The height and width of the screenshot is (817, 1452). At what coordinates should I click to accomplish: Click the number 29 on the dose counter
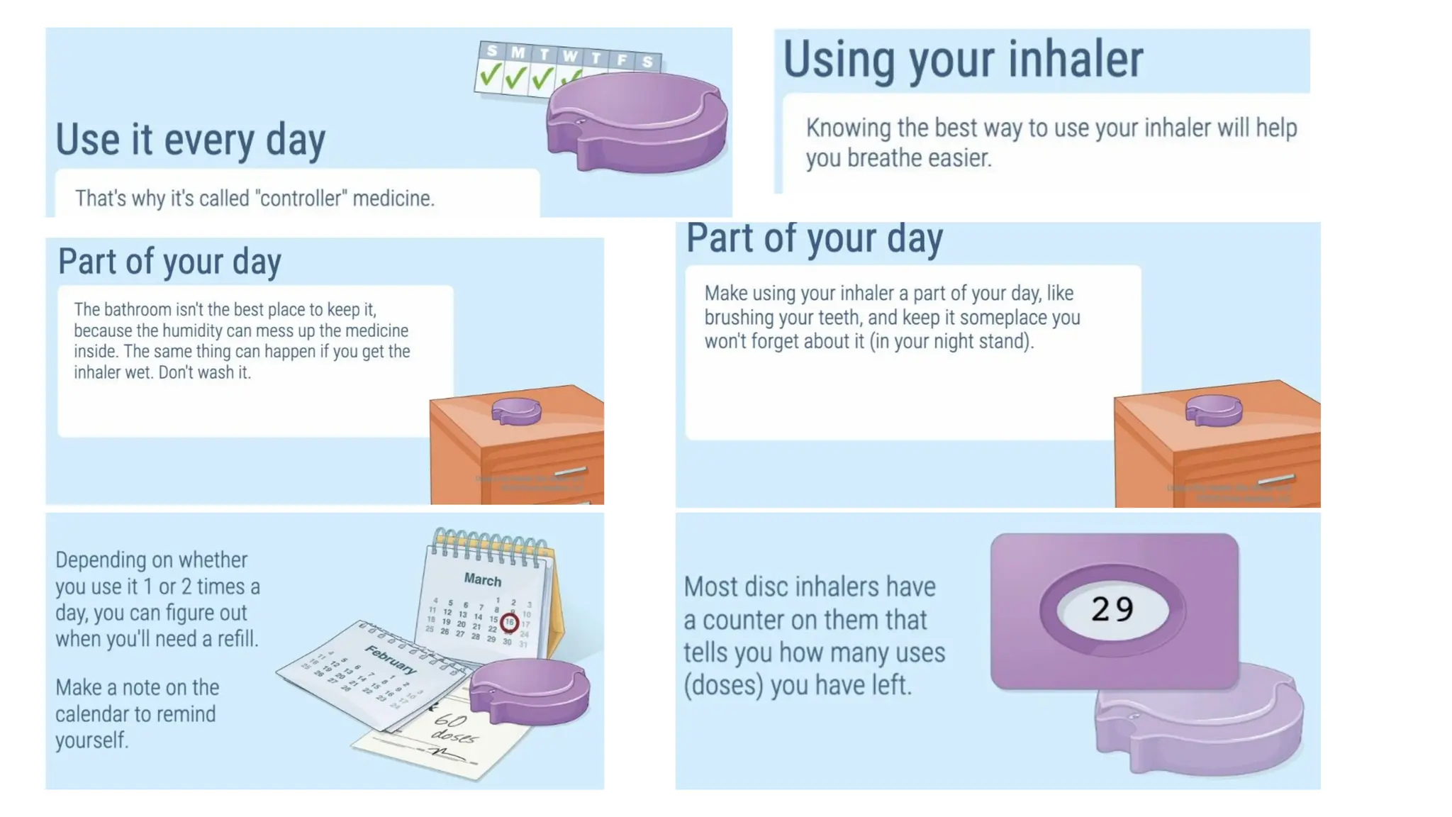pyautogui.click(x=1112, y=609)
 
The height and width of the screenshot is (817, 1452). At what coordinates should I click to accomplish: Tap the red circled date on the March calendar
pyautogui.click(x=509, y=623)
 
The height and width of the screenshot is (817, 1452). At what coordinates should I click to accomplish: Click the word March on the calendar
pyautogui.click(x=482, y=579)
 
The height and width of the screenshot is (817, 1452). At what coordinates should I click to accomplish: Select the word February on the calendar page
pyautogui.click(x=391, y=660)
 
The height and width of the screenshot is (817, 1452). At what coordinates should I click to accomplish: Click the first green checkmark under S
pyautogui.click(x=490, y=75)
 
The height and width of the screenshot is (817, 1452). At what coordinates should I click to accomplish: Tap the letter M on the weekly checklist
pyautogui.click(x=518, y=52)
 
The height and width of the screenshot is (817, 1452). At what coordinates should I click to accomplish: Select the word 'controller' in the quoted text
pyautogui.click(x=300, y=199)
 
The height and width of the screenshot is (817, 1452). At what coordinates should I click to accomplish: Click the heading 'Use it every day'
pyautogui.click(x=190, y=140)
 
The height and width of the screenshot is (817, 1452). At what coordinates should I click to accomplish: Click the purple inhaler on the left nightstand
pyautogui.click(x=516, y=411)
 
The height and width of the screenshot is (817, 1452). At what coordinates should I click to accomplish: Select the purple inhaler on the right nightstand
pyautogui.click(x=1214, y=409)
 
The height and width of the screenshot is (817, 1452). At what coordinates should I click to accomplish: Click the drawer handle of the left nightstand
pyautogui.click(x=571, y=472)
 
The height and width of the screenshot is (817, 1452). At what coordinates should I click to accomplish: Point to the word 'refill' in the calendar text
pyautogui.click(x=236, y=639)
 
